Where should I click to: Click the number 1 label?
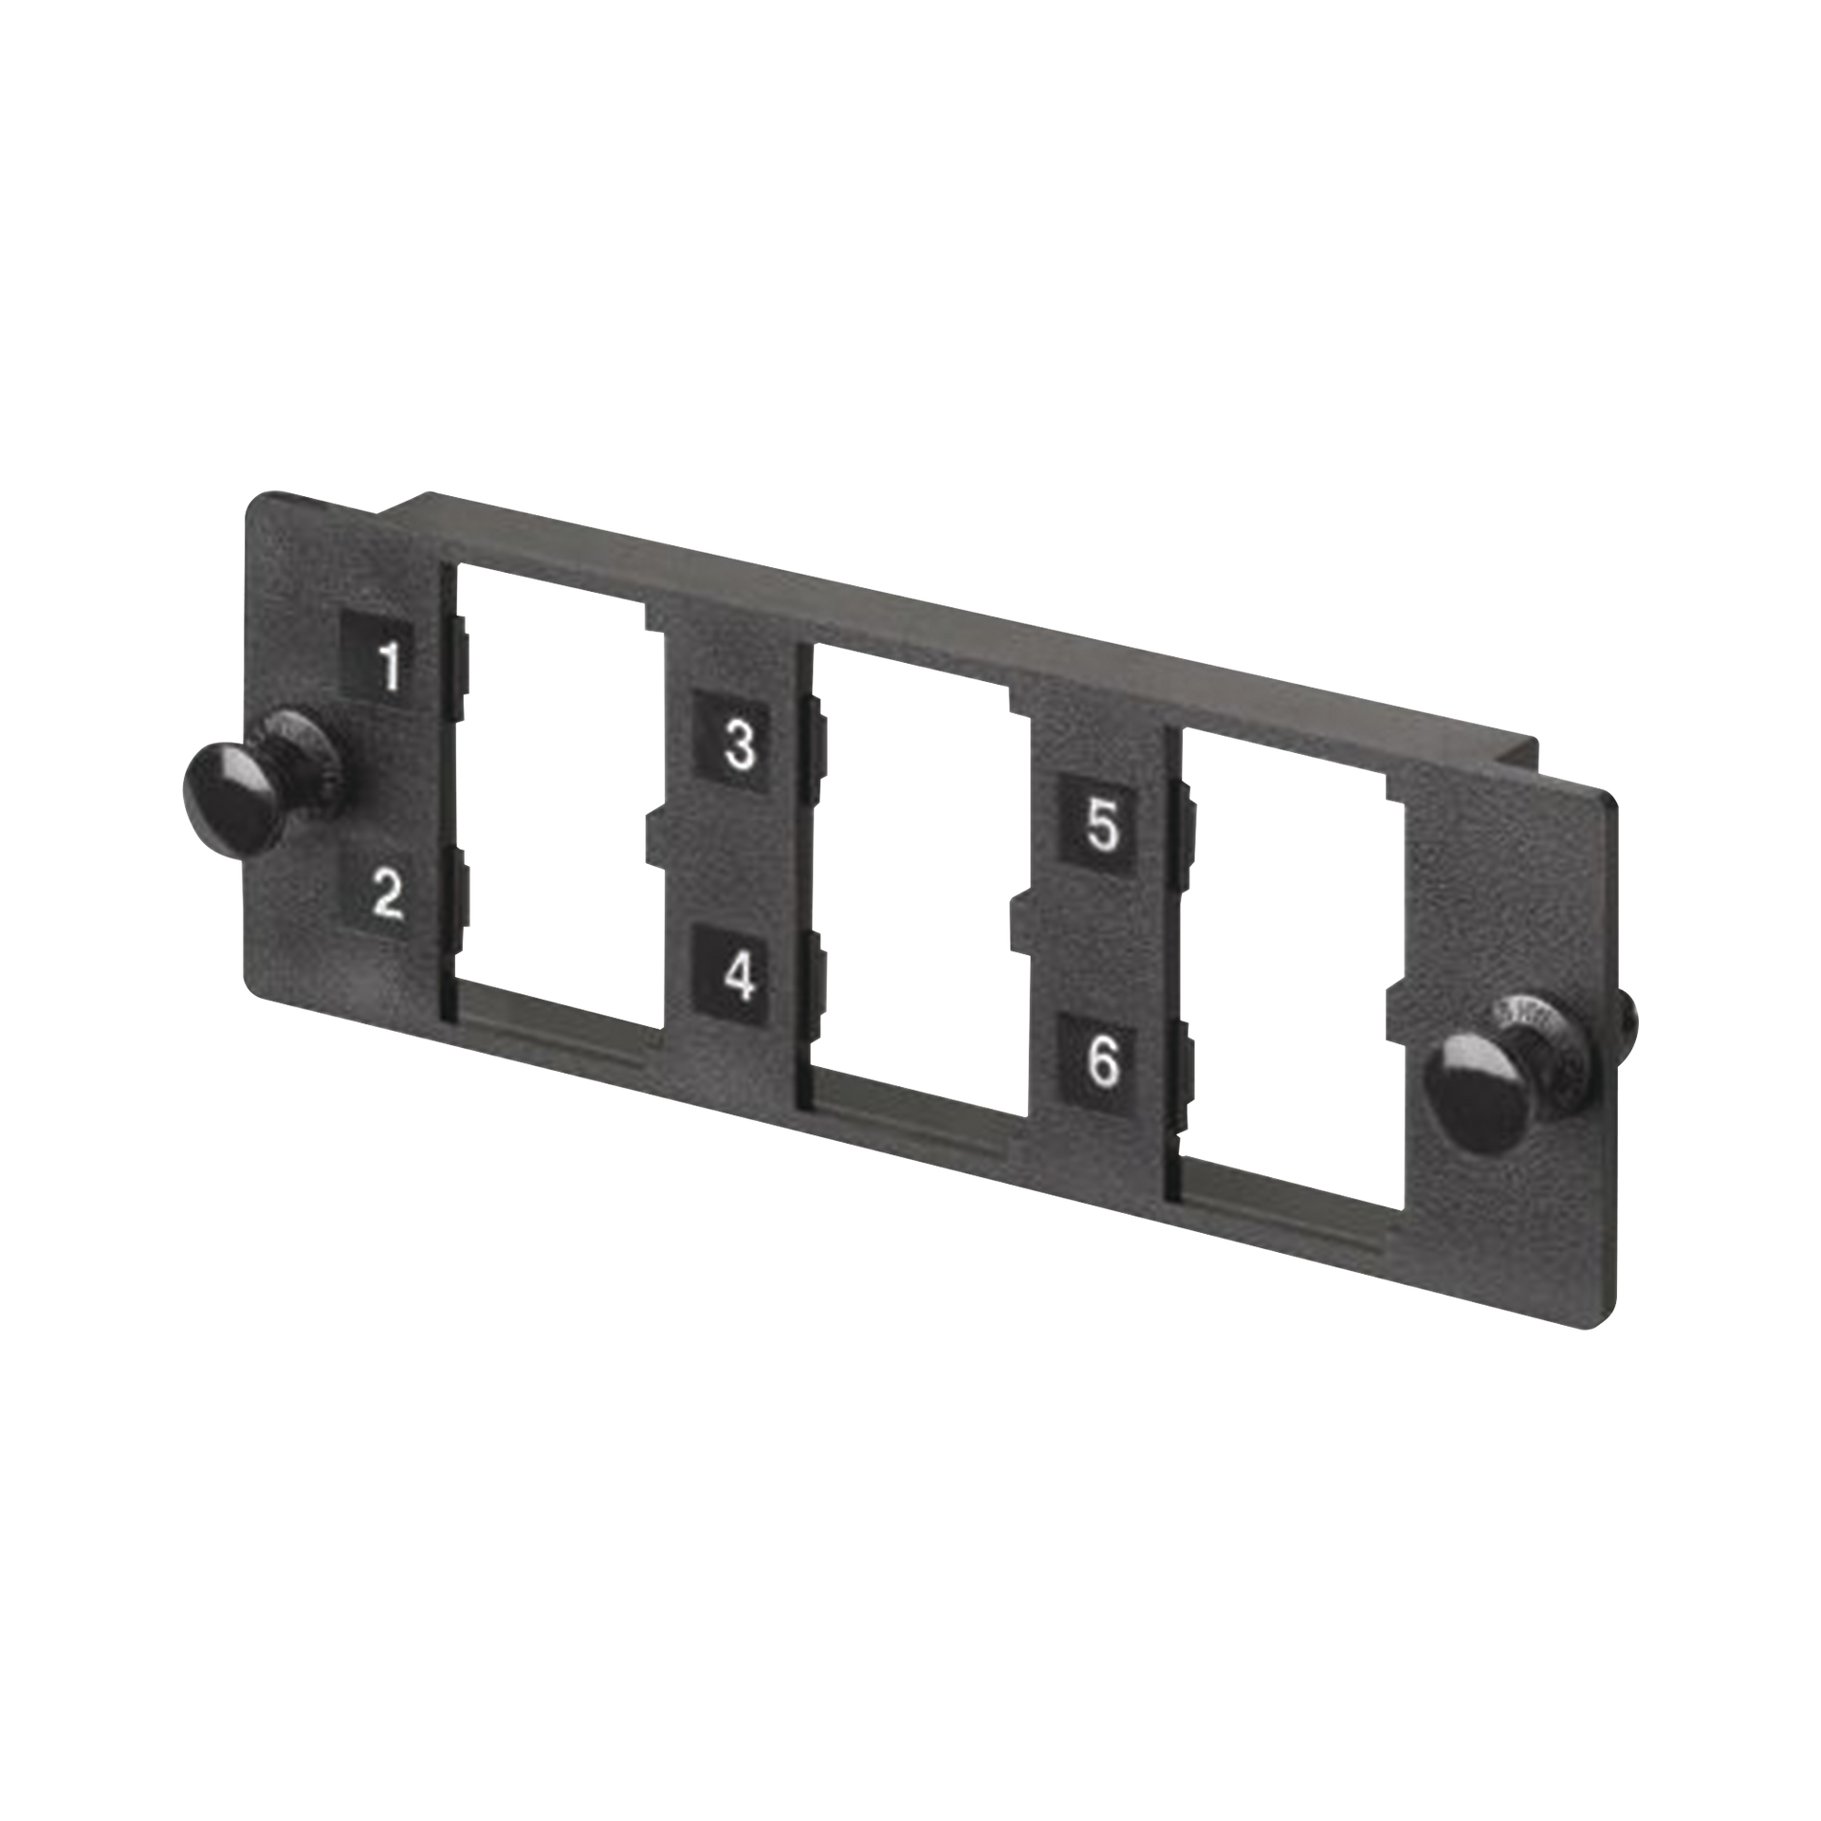coord(389,667)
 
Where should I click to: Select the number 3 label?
coord(740,745)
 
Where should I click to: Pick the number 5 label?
coord(1101,827)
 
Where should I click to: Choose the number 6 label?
coord(1101,1063)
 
